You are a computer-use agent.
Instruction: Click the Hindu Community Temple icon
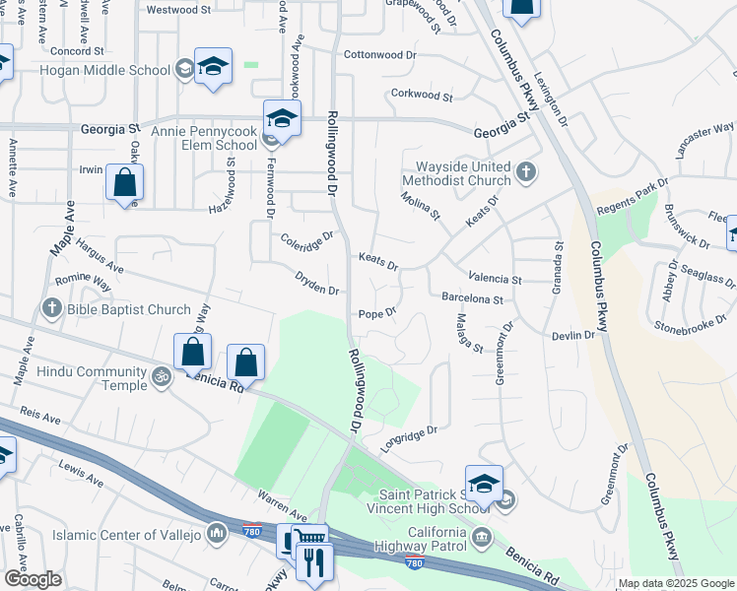coord(160,375)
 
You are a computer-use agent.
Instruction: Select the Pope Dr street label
coord(376,313)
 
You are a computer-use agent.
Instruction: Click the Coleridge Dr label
coord(307,237)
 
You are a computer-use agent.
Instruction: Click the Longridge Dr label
coord(408,436)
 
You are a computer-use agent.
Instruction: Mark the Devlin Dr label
coord(573,336)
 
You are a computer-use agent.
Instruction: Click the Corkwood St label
coord(421,97)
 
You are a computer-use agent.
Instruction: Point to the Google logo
coord(33,578)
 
